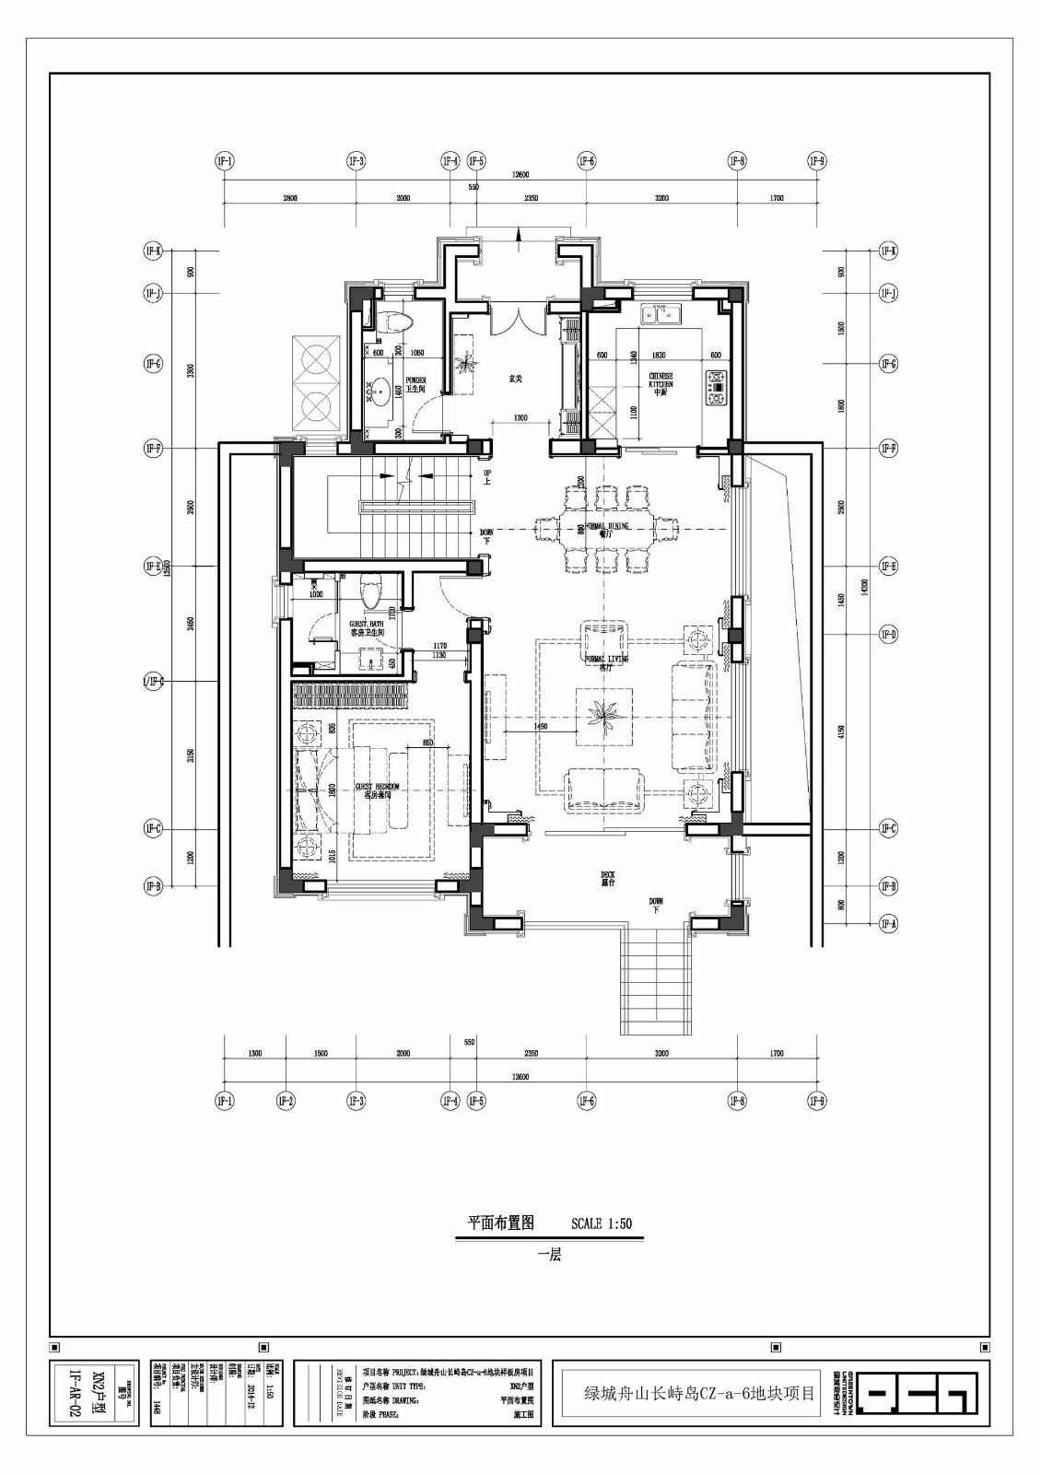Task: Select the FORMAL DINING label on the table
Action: click(604, 528)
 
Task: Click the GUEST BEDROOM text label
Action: click(379, 790)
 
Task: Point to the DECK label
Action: click(607, 878)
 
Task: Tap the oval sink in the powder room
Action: click(379, 392)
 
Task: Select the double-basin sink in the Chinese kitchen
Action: click(661, 315)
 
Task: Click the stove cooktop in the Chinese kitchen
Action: click(716, 387)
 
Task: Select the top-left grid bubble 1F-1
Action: click(225, 161)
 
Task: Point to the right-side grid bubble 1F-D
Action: click(888, 634)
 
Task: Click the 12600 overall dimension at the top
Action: click(521, 174)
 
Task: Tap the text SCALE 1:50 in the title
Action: click(602, 1224)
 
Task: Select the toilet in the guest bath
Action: click(371, 591)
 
